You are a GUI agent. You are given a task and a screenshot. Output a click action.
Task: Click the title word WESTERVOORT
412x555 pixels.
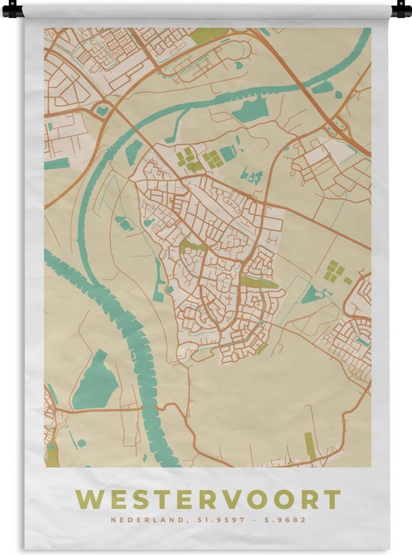click(x=208, y=499)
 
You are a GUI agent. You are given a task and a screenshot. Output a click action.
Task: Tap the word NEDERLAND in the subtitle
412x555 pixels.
click(x=138, y=520)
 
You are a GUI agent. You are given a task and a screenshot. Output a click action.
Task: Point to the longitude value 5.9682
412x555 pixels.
click(x=284, y=520)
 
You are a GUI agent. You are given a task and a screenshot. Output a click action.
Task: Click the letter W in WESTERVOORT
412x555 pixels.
click(x=88, y=499)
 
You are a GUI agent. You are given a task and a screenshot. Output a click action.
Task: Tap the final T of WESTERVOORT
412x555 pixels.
click(x=333, y=499)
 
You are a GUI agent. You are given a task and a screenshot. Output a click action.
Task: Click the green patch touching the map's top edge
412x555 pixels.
click(x=208, y=34)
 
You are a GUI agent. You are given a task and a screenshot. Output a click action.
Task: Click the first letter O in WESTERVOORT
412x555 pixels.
click(x=262, y=499)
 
